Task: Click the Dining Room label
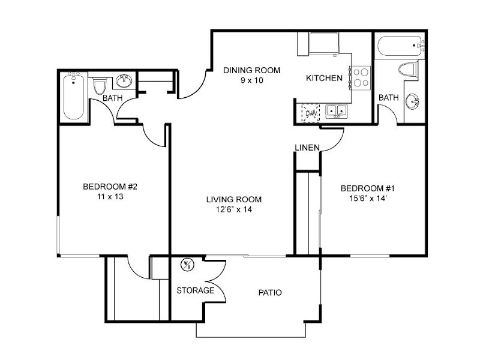tap(251, 70)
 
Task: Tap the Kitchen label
tap(324, 78)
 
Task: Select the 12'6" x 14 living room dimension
tap(234, 209)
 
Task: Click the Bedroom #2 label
tap(110, 187)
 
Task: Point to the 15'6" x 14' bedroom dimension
tap(368, 199)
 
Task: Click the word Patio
tap(270, 293)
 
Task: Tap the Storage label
tap(196, 290)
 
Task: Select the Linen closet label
tap(307, 148)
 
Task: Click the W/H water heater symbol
tap(187, 265)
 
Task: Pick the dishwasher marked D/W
tap(311, 113)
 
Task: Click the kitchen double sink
tap(337, 111)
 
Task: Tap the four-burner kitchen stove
tap(361, 78)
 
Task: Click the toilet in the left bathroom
tap(99, 86)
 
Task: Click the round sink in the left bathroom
tap(124, 81)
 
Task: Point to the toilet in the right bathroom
tap(409, 69)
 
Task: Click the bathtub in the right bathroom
tap(401, 46)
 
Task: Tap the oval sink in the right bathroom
tap(412, 101)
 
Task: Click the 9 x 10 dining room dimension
tap(251, 80)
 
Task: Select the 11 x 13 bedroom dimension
tap(110, 197)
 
